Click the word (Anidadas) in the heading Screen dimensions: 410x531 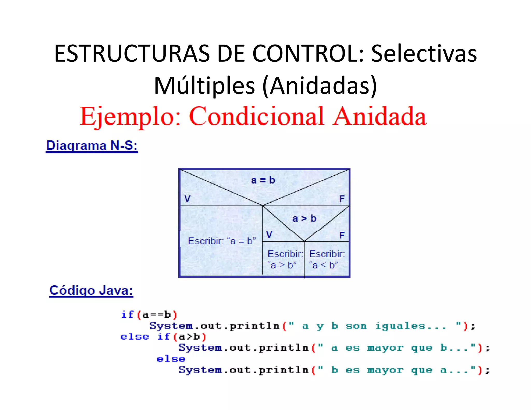coord(319,86)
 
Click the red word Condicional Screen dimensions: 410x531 coord(256,116)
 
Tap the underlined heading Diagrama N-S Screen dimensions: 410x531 coord(92,146)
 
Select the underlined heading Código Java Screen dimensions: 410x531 coord(91,290)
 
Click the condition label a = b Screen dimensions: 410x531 coord(263,180)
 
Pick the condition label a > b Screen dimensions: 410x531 coord(304,218)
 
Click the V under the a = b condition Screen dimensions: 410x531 coord(187,199)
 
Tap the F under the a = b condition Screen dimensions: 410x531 coord(342,199)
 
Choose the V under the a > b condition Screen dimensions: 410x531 coord(269,235)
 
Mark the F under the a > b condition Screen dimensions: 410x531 coord(342,235)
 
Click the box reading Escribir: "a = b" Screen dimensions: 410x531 coord(222,241)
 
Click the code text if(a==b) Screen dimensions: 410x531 coord(149,315)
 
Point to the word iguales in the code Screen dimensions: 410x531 coord(400,326)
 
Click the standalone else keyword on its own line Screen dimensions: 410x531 coord(171,359)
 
